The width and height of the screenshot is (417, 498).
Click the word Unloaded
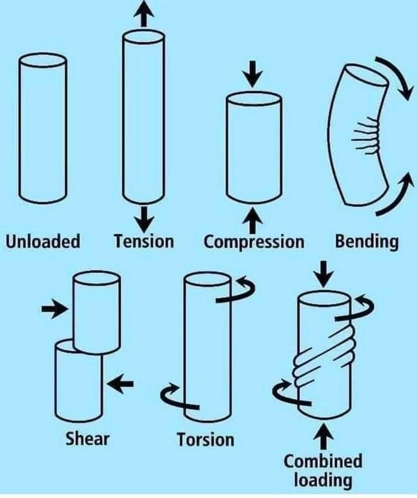(43, 241)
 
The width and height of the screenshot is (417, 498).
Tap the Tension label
(144, 241)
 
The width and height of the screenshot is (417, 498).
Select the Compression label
(254, 242)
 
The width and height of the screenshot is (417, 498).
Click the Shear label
(87, 439)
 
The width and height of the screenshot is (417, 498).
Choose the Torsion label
(206, 439)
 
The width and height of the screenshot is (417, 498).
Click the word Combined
(323, 461)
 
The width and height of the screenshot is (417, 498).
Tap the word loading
(323, 480)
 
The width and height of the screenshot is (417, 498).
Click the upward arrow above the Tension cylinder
(144, 13)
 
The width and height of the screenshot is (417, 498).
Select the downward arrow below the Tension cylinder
(144, 219)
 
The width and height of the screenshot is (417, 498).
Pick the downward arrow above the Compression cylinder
(252, 74)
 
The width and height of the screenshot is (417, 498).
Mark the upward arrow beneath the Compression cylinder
(252, 220)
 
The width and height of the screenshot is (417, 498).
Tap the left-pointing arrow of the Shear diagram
(121, 384)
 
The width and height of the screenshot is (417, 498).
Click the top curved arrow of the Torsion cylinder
(235, 289)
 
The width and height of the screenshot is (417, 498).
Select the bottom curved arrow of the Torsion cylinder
(180, 396)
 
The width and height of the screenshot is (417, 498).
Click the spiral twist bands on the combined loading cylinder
(323, 352)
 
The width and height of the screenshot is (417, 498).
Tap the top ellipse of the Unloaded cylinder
(43, 61)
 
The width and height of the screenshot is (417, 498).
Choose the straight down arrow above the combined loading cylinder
(323, 274)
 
